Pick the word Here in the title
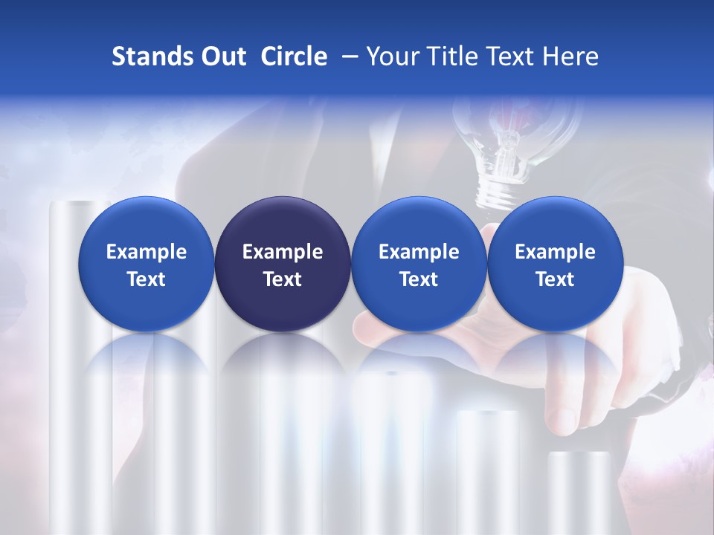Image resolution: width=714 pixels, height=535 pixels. point(571,56)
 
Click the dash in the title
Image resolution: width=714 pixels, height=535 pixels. point(347,57)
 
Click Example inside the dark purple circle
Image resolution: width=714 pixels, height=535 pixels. point(283,252)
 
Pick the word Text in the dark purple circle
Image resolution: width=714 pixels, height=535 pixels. point(283,279)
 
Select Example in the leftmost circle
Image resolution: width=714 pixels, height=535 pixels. point(147,252)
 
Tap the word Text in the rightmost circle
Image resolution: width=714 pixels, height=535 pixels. point(555,279)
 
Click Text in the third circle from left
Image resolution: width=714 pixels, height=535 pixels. point(419,279)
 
